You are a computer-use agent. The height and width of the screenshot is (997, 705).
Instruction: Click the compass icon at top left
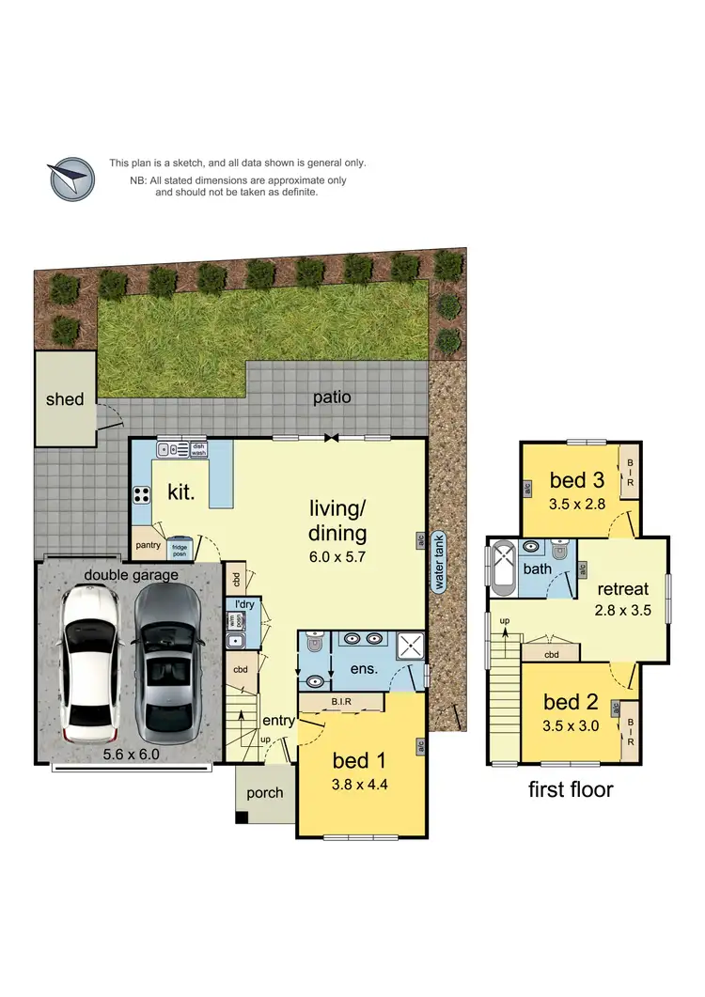71,179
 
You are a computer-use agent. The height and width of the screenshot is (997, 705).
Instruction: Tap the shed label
65,399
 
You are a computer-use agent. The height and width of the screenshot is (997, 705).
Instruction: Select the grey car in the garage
166,663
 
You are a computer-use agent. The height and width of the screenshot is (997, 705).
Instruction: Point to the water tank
439,561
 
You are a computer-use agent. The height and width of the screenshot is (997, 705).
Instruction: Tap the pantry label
149,545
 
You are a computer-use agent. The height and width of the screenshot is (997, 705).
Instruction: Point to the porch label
264,793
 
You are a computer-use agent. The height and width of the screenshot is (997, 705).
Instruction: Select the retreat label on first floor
622,589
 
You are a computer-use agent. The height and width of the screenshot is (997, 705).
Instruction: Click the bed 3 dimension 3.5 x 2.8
577,504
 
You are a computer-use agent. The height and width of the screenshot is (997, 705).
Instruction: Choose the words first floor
571,789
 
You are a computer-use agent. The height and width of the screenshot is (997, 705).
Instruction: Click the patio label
332,397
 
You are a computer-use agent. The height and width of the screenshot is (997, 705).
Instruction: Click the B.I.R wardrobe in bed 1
340,701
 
